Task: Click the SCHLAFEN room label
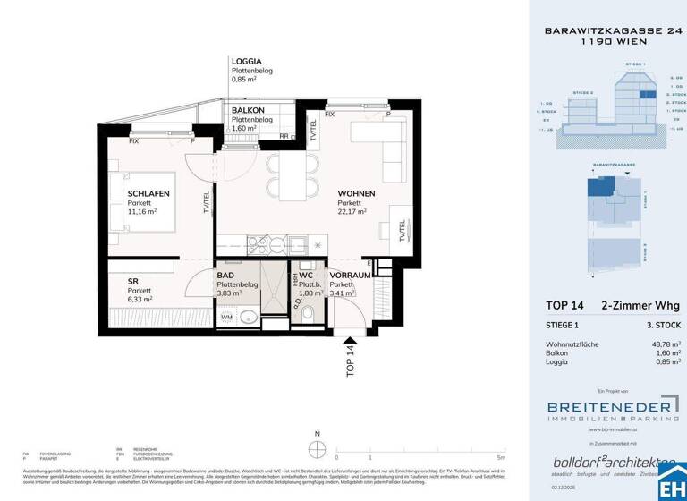[148, 194]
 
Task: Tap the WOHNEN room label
[356, 194]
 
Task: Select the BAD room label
[225, 276]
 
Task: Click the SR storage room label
[132, 282]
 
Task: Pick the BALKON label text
[248, 110]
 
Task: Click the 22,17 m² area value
[352, 212]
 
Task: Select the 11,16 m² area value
[142, 212]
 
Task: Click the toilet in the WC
[308, 313]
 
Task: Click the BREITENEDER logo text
[605, 404]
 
